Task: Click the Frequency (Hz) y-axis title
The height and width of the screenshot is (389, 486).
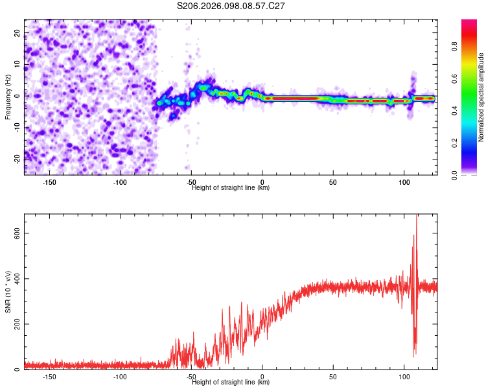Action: coord(7,97)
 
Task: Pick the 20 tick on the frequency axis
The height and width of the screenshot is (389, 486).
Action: coord(17,32)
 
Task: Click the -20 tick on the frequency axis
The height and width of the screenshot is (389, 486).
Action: coord(16,158)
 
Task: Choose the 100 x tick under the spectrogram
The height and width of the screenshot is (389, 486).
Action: coord(404,182)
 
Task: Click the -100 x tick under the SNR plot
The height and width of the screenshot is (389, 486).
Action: coord(120,377)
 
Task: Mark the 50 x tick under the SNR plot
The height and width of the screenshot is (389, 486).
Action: coord(333,377)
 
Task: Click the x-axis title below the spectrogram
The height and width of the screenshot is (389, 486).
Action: coord(231,188)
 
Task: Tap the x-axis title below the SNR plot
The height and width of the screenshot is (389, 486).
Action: coord(231,383)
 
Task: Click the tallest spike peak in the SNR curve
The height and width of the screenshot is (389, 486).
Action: coord(416,216)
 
